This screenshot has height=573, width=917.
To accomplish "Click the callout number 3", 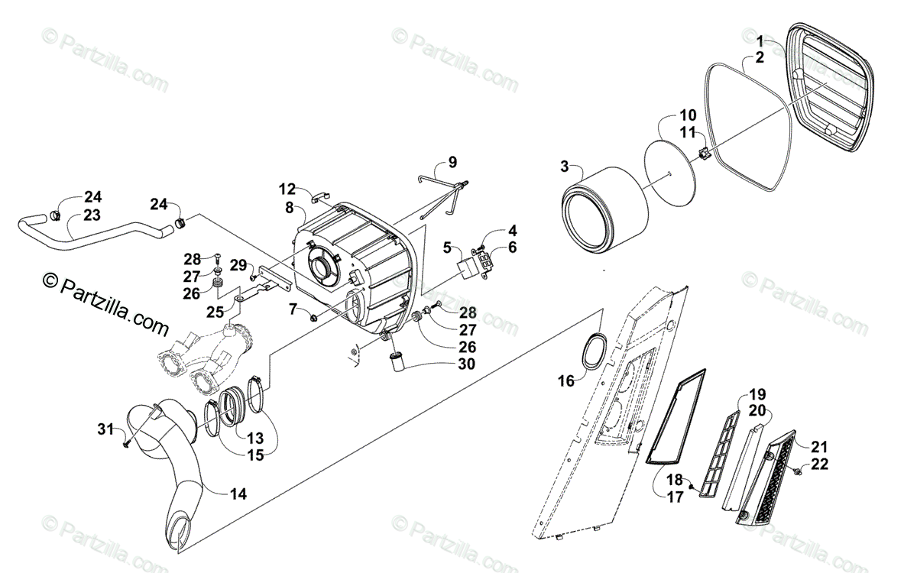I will coord(564,166).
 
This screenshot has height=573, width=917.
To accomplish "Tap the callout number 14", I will coord(238,494).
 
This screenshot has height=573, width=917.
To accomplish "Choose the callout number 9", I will coord(452,162).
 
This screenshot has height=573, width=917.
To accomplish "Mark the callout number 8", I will coord(290,207).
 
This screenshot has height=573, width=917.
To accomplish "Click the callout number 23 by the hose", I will coord(92,215).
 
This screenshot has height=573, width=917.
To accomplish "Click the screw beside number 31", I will coord(126,441).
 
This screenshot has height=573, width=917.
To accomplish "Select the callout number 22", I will coord(819,465).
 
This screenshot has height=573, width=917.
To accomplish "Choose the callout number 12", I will coord(287,188).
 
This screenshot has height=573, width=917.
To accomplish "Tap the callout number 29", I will coord(238,264).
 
